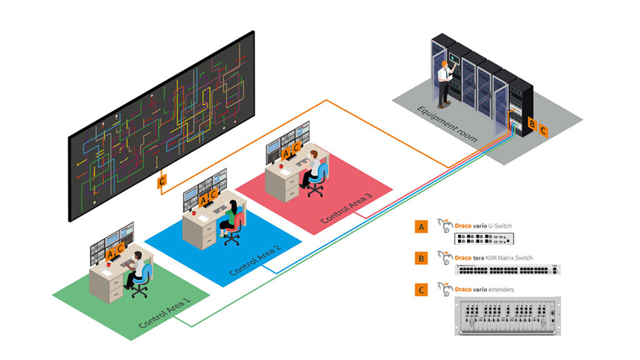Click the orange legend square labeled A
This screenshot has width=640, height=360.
coord(421,227)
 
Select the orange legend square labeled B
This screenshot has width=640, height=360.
coord(421,258)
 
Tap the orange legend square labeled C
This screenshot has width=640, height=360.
coord(421,289)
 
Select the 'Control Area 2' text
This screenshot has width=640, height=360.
coord(255,258)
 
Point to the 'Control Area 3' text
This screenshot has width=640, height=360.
coord(346,206)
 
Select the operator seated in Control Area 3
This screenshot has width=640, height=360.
coord(311,167)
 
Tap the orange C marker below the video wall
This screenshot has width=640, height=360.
coord(163,182)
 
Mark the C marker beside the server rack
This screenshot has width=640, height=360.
coord(543,130)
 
